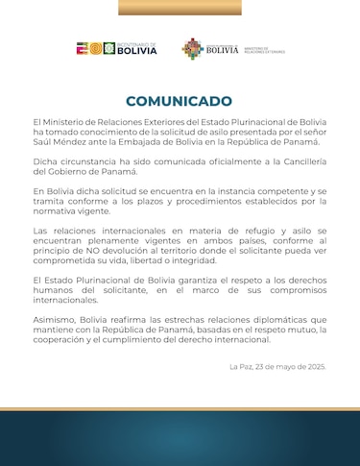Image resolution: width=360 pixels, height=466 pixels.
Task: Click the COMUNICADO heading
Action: [x=180, y=101]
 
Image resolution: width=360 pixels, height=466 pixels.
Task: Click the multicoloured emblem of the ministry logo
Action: [x=192, y=48]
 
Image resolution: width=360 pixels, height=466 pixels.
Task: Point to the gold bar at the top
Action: [x=180, y=7]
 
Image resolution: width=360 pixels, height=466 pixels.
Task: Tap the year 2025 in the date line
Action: [x=316, y=366]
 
